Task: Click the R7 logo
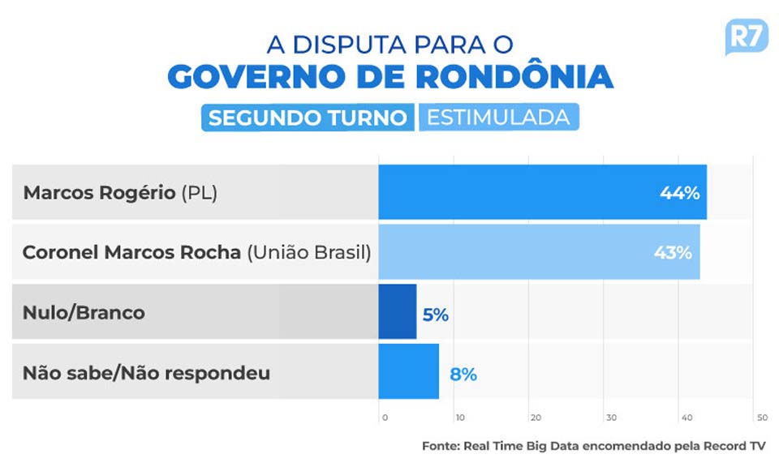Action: [745, 37]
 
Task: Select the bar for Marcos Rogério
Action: [542, 192]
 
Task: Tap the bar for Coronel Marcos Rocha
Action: [539, 252]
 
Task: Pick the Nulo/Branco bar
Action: [397, 311]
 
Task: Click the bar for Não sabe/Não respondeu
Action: [408, 371]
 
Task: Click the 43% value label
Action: [673, 252]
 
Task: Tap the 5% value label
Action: [435, 315]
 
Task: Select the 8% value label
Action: [463, 375]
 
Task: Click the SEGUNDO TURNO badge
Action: [308, 118]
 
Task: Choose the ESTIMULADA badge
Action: [498, 117]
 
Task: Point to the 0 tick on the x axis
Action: [385, 418]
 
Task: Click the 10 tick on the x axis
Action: [459, 418]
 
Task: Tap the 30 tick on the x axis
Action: [610, 418]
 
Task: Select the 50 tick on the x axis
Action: [761, 418]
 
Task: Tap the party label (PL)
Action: [199, 193]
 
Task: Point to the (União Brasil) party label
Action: [308, 252]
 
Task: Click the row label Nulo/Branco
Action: [84, 312]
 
